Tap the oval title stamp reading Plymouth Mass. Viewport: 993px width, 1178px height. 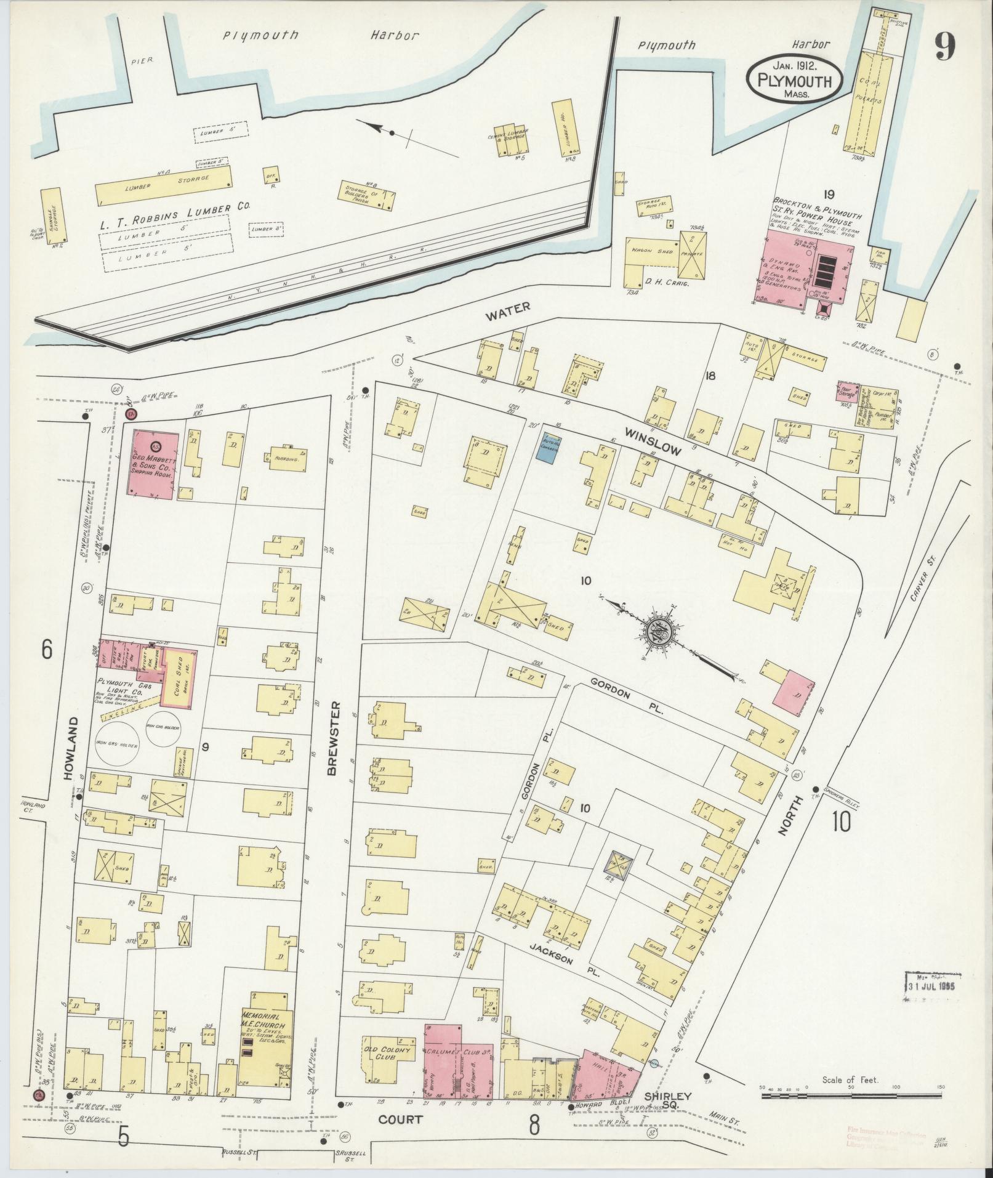tap(794, 81)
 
